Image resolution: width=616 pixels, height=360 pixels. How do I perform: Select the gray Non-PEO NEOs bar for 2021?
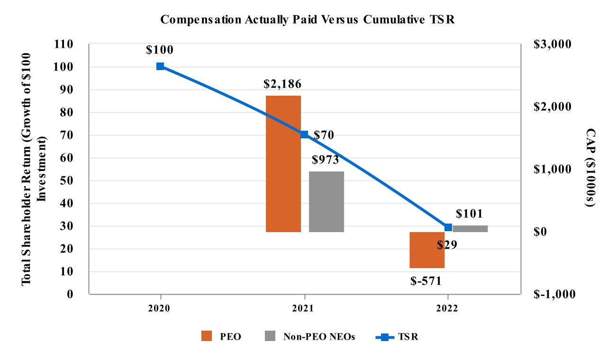pos(326,201)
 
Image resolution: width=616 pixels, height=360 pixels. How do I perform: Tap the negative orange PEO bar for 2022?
pos(427,250)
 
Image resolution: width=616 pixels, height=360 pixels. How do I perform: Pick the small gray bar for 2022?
pos(470,229)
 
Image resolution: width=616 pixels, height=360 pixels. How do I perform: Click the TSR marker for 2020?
pos(160,66)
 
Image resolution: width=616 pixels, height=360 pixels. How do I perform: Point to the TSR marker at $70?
pos(304,135)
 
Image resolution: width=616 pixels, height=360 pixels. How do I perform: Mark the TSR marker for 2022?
pos(448,227)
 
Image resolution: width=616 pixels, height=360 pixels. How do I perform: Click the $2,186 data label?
pos(283,84)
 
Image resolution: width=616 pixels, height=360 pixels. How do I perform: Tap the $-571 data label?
pos(426,280)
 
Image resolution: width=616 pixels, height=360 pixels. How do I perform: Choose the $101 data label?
pos(469,214)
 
